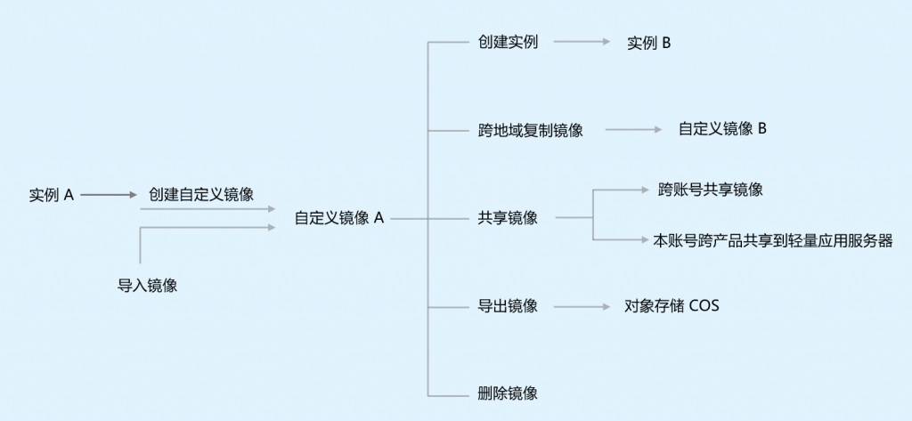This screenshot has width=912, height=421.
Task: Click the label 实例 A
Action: pyautogui.click(x=52, y=195)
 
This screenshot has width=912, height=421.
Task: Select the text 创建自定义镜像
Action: pyautogui.click(x=201, y=194)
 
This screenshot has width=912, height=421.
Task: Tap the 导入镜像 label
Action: pyautogui.click(x=147, y=286)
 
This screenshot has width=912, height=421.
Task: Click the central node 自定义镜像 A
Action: pyautogui.click(x=339, y=218)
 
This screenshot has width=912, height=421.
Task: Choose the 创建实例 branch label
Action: pyautogui.click(x=508, y=42)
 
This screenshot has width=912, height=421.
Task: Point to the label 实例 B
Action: pyautogui.click(x=648, y=43)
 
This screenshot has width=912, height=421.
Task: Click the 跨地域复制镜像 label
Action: pyautogui.click(x=531, y=130)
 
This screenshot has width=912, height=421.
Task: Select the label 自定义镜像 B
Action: pyautogui.click(x=722, y=128)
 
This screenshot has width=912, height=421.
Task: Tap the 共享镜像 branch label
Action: pyautogui.click(x=508, y=218)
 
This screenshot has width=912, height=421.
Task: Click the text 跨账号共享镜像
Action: pyautogui.click(x=710, y=190)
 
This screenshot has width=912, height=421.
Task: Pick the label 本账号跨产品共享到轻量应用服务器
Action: pyautogui.click(x=773, y=240)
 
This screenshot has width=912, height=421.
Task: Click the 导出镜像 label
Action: pyautogui.click(x=508, y=306)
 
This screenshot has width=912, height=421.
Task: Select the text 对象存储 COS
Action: pyautogui.click(x=672, y=305)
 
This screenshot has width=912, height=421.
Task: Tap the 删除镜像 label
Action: pyautogui.click(x=508, y=393)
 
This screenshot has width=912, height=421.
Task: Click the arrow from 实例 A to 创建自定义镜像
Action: pyautogui.click(x=109, y=195)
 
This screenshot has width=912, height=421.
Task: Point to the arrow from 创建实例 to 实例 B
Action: pyautogui.click(x=582, y=42)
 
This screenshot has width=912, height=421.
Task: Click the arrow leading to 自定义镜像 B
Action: pyautogui.click(x=633, y=129)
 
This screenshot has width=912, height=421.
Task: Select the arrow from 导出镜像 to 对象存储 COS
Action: pyautogui.click(x=582, y=306)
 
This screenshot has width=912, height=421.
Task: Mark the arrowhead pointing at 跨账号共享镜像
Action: pyautogui.click(x=645, y=190)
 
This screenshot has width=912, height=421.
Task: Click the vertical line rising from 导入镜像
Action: pyautogui.click(x=140, y=246)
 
